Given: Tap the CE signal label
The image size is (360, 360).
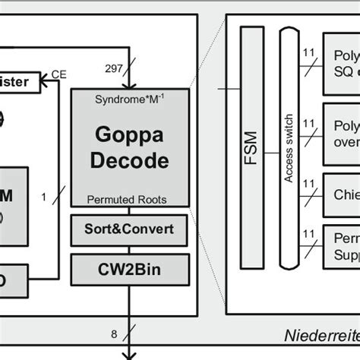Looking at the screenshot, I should [x=58, y=74].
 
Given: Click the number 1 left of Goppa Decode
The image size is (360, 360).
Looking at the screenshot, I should [x=44, y=197].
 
